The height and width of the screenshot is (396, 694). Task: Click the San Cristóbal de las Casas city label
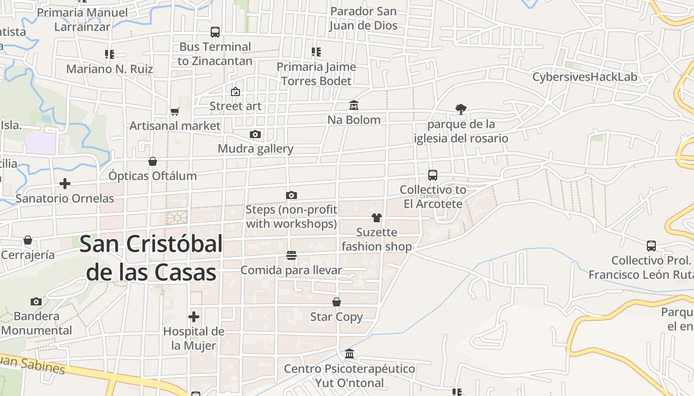(151, 258)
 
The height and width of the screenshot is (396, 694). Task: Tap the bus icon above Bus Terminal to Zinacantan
(215, 32)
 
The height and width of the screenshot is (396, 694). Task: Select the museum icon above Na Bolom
(354, 105)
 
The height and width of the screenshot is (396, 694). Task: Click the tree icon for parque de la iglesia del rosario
(461, 109)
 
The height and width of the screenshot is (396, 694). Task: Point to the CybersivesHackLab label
(584, 77)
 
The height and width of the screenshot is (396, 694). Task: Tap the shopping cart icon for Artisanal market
(174, 111)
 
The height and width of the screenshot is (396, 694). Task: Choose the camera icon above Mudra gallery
(255, 134)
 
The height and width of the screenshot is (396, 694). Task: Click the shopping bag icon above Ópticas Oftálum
(153, 161)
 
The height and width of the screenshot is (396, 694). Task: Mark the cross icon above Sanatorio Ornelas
(64, 184)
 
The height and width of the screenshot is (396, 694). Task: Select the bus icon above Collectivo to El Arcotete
(433, 175)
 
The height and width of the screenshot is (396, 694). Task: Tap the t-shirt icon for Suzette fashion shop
(377, 218)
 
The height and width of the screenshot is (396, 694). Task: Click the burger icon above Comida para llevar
(291, 255)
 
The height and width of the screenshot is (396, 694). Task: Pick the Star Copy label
(336, 317)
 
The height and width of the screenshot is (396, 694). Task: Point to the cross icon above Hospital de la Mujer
(194, 317)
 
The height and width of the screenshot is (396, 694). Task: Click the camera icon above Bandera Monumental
(36, 301)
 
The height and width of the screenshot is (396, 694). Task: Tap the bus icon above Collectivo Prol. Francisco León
(651, 246)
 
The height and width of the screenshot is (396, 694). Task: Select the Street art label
(235, 106)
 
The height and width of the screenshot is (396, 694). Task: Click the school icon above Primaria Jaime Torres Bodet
(316, 52)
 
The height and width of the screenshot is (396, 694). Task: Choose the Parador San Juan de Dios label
(363, 18)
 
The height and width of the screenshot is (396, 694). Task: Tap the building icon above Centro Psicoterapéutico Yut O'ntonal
(349, 354)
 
